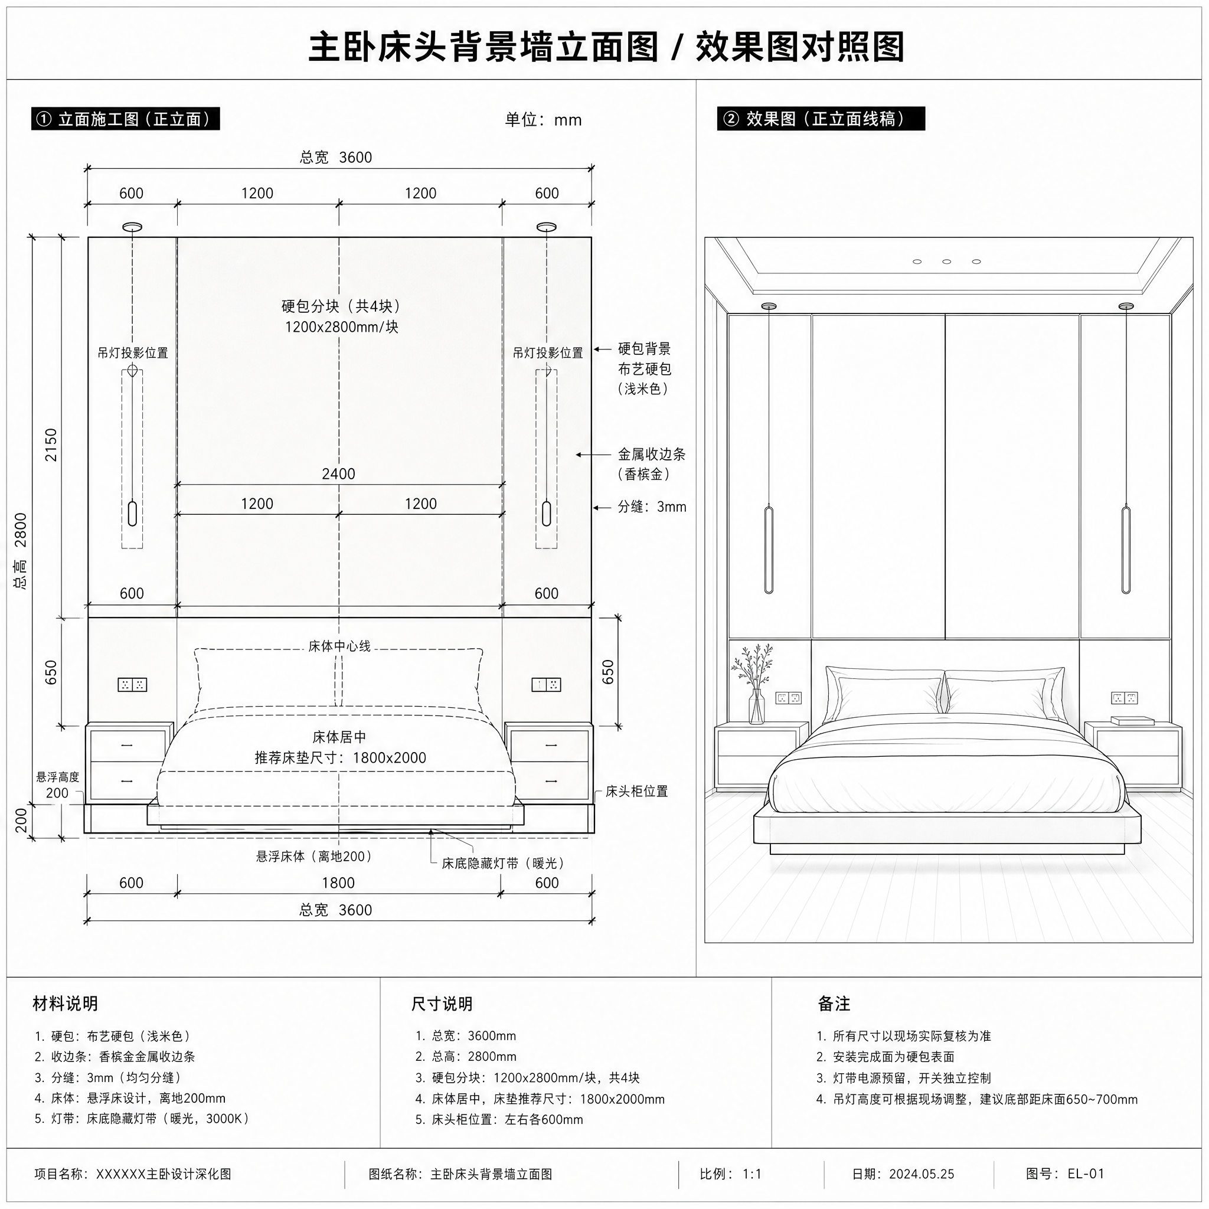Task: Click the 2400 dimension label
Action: coord(338,473)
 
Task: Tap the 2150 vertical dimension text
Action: coord(51,445)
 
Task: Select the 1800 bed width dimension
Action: coord(338,883)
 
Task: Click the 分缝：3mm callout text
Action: coord(652,507)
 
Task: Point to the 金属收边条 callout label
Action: coord(652,455)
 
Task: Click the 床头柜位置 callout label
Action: coord(636,791)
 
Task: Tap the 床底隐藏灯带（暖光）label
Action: coord(504,864)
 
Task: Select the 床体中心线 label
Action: coord(339,646)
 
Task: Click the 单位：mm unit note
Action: coord(543,119)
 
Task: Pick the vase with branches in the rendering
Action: coord(755,684)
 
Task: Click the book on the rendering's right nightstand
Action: coord(1133,720)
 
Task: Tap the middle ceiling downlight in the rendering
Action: coord(946,262)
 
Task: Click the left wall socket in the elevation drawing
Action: coord(132,685)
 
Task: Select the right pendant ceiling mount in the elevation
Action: coord(546,227)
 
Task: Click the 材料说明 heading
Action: coord(66,1004)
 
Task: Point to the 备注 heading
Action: coord(834,1004)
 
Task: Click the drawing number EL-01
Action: coord(1086,1174)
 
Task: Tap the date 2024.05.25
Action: coord(922,1174)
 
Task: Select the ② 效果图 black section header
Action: coord(821,119)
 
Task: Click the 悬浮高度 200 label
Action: coord(58,785)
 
